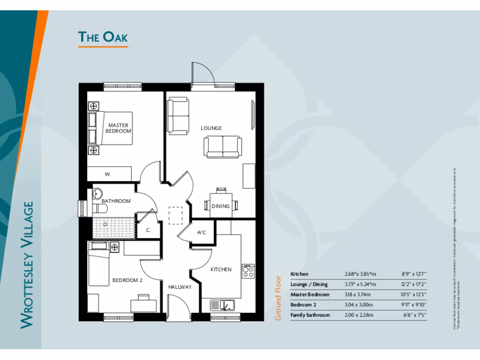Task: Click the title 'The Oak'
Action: pyautogui.click(x=103, y=37)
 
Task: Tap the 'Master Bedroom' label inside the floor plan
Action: pyautogui.click(x=118, y=128)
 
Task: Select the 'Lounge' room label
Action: pyautogui.click(x=211, y=128)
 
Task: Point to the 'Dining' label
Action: pyautogui.click(x=220, y=206)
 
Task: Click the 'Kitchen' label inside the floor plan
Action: pyautogui.click(x=220, y=270)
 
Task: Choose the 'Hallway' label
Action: pyautogui.click(x=180, y=287)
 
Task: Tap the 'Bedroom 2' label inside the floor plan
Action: pyautogui.click(x=127, y=280)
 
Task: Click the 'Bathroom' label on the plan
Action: pyautogui.click(x=116, y=201)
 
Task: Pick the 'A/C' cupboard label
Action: pyautogui.click(x=202, y=232)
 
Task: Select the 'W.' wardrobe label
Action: pyautogui.click(x=108, y=174)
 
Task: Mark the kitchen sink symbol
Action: pyautogui.click(x=222, y=305)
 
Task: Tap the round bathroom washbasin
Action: pyautogui.click(x=97, y=193)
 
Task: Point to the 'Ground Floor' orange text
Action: pyautogui.click(x=278, y=298)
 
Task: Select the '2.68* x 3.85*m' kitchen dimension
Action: pyautogui.click(x=360, y=274)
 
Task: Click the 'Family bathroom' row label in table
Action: pyautogui.click(x=310, y=315)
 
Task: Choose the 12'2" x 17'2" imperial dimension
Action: pyautogui.click(x=414, y=284)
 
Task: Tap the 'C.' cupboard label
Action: pyautogui.click(x=148, y=230)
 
